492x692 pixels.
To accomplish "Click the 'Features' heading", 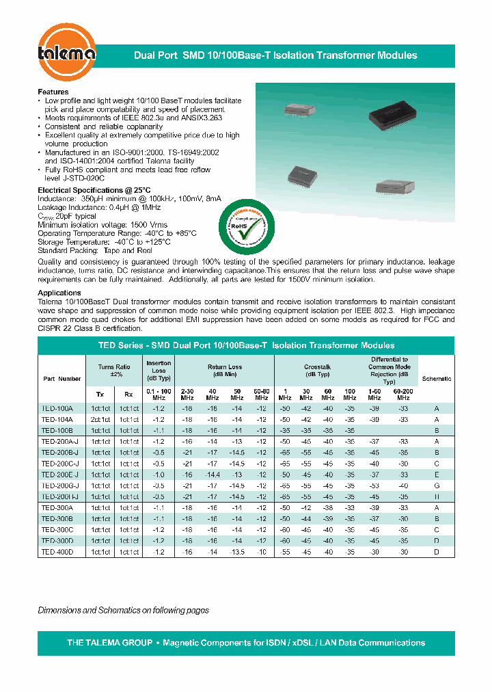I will pos(53,92).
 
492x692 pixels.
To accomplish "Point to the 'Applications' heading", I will pos(59,293).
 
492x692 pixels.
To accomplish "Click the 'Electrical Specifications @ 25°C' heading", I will pos(94,189).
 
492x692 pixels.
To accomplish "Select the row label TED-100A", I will pos(57,408).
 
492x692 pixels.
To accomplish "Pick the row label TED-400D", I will pos(57,551).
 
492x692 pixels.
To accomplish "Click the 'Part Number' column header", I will pos(61,378).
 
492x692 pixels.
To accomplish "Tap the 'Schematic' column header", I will pos(436,378).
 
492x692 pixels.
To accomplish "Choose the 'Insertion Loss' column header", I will pos(159,371).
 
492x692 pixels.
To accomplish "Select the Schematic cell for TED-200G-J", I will pos(436,485).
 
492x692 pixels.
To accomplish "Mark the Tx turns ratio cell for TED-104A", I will pos(100,419).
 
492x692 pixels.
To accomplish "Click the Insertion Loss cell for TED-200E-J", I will pos(159,475).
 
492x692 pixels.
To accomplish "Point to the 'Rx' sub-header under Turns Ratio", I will pos(128,393).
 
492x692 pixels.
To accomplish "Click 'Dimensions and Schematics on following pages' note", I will pos(123,610).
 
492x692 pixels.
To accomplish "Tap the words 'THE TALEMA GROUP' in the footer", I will pos(109,643).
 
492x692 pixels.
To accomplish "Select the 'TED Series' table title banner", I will pos(246,345).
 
